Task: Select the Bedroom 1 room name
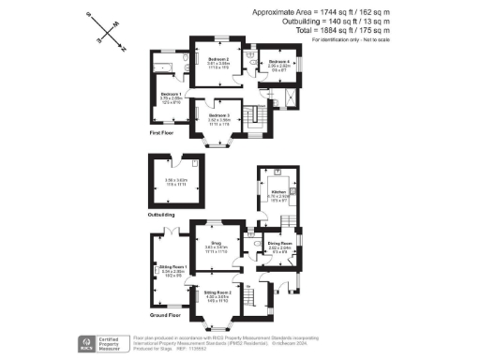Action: [x=170, y=95]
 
